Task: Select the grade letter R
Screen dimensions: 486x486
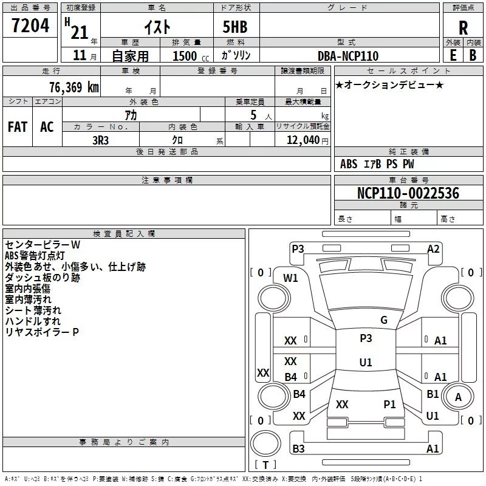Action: click(463, 27)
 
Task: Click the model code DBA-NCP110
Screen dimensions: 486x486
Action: click(348, 56)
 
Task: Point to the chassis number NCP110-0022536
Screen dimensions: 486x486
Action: click(408, 193)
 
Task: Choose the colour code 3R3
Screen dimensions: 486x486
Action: click(101, 139)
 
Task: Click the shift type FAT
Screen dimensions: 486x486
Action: click(18, 127)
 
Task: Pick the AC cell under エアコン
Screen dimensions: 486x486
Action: click(47, 127)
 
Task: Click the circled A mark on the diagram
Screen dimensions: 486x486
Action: click(458, 397)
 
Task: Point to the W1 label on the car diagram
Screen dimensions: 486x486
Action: click(291, 278)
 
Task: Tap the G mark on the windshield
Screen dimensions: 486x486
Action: click(383, 320)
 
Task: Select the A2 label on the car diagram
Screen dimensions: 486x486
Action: click(433, 248)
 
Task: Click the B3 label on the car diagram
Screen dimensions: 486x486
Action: click(298, 448)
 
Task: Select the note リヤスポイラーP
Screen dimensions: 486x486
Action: click(42, 332)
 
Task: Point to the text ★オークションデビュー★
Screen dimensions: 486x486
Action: click(389, 84)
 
